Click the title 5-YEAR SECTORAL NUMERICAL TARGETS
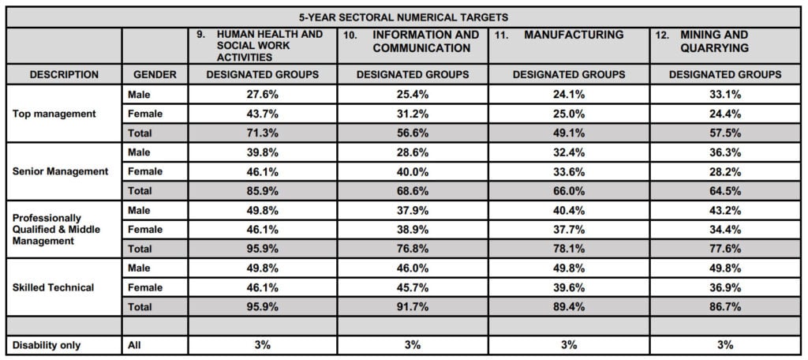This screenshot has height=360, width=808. coord(403,17)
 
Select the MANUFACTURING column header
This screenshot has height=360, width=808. coord(574,35)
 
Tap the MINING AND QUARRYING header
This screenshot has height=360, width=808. coord(715,41)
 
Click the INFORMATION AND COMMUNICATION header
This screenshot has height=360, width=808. coord(425,41)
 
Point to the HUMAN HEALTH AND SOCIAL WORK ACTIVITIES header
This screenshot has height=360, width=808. coord(270,45)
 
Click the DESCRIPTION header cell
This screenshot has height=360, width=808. coord(64,74)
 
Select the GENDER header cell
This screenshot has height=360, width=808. coord(155,74)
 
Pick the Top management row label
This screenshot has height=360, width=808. coord(54,114)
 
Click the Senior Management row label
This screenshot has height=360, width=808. coord(60,171)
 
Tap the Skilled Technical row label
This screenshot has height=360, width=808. coord(53,287)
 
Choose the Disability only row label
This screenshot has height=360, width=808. coord(47,345)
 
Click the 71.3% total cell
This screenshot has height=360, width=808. coord(262,133)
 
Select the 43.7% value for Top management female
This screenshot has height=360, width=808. coord(262,114)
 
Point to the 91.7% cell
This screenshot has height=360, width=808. coord(412,306)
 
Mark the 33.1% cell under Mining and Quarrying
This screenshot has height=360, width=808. coord(725,95)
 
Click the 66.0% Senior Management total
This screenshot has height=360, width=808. coord(569,191)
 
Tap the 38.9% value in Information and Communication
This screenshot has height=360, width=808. coord(412,229)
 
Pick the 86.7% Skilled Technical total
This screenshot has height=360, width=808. coord(725,306)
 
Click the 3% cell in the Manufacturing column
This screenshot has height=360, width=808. coord(569,345)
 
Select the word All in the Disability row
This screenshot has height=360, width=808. coord(134,345)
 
